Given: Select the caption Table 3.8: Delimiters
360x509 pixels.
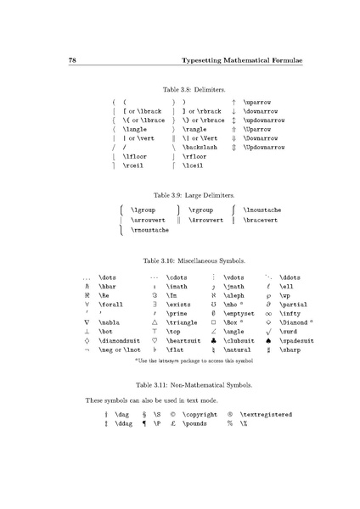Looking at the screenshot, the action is point(181,87).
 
